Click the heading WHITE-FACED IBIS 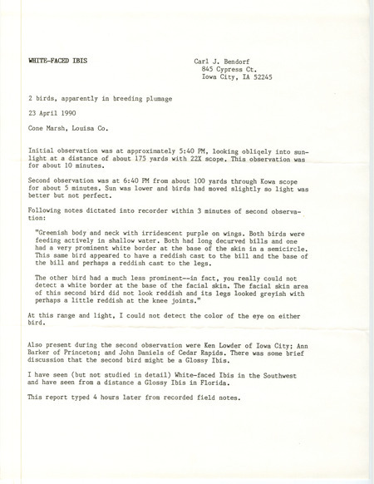(56, 62)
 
